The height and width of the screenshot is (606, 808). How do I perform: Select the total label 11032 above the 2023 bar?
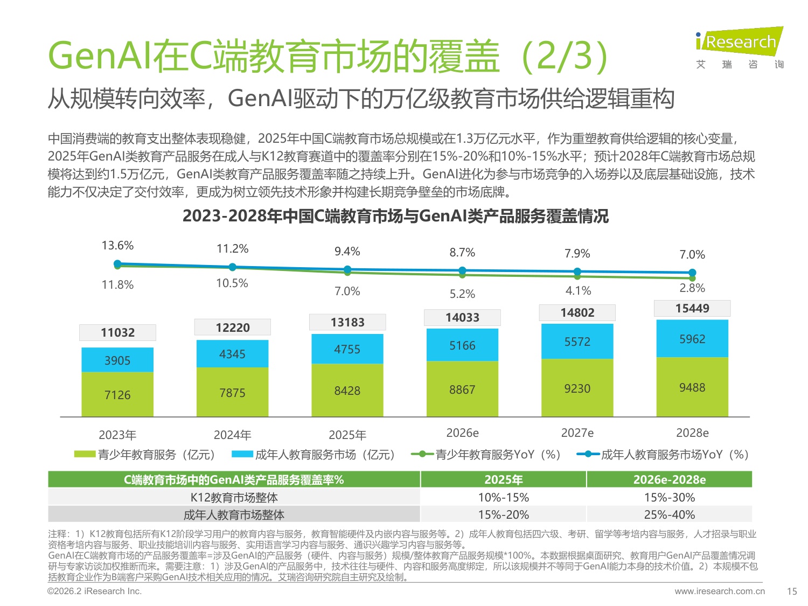(117, 332)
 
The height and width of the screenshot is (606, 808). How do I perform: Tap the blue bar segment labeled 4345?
(232, 354)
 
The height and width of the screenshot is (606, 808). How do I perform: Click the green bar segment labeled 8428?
(347, 391)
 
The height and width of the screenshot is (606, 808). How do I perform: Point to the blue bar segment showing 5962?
(692, 339)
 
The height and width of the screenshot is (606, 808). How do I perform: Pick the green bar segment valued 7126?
(117, 395)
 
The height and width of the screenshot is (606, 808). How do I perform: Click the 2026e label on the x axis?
(462, 433)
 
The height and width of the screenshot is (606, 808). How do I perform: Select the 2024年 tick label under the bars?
(232, 435)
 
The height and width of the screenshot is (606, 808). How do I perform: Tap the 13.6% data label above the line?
(117, 246)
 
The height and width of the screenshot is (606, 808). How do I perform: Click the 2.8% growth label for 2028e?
(692, 288)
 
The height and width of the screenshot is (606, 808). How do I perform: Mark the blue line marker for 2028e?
(692, 273)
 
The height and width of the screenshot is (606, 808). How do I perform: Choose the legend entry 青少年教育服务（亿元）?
(145, 455)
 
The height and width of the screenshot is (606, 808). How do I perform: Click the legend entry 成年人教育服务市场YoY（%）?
(663, 455)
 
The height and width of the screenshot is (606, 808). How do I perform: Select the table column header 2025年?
(503, 479)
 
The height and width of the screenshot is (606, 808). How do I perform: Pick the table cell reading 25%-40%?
(670, 514)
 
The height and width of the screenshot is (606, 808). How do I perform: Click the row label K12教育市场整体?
(234, 497)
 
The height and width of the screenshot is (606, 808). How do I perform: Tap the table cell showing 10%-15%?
(503, 497)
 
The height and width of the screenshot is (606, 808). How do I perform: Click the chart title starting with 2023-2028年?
(395, 216)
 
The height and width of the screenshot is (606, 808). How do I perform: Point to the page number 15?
(791, 591)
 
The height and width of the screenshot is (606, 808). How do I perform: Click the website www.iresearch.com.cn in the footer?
(719, 591)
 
